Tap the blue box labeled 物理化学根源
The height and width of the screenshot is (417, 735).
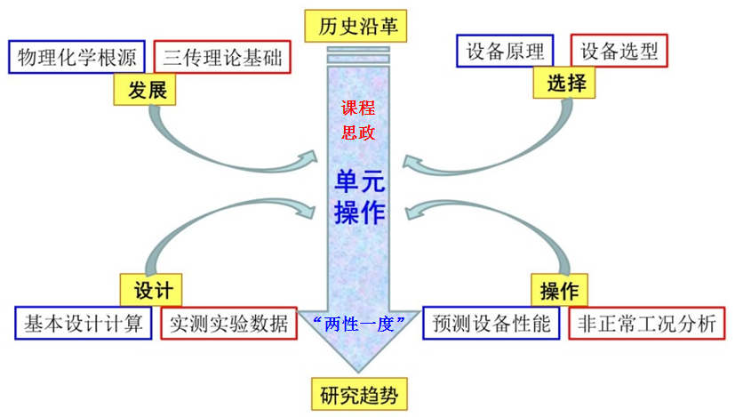(76, 57)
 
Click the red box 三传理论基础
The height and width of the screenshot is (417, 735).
(221, 57)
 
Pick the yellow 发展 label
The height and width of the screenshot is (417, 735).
(145, 90)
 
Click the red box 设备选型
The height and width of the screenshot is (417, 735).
(619, 52)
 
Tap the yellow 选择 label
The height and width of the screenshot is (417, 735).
(565, 84)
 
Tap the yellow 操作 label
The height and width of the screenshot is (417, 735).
(559, 291)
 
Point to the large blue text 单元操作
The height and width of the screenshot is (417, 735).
(359, 196)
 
